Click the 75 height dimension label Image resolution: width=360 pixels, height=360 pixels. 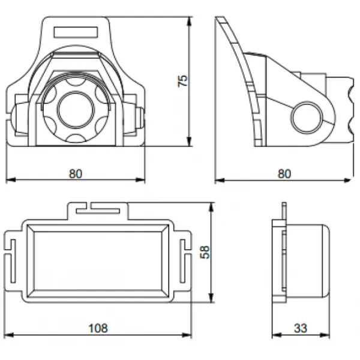[184, 81]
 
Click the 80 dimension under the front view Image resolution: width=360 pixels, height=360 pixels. [75, 174]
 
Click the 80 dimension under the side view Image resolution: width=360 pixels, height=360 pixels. [284, 174]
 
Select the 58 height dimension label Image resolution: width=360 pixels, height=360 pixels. [205, 252]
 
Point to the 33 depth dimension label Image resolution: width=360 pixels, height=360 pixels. [301, 328]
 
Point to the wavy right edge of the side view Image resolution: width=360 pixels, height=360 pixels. [349, 108]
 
